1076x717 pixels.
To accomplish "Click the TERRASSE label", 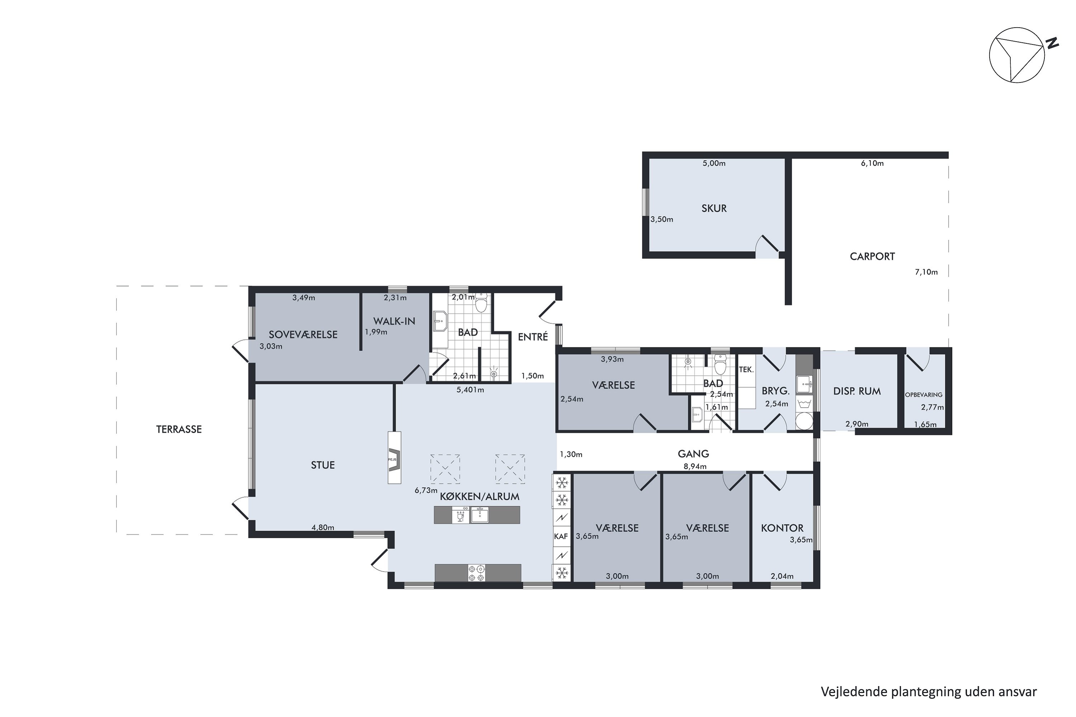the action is tap(179, 429).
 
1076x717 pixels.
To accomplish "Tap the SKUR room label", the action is tap(714, 209).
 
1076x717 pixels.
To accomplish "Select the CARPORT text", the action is tap(872, 257).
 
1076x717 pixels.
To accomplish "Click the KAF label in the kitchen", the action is tap(561, 536).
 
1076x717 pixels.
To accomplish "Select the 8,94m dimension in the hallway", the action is tap(695, 466).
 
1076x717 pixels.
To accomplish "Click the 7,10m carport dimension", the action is tap(926, 272).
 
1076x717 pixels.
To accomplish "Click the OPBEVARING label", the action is tap(924, 395).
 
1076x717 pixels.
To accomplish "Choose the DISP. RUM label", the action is tap(857, 391).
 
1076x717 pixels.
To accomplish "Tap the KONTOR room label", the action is tap(782, 528).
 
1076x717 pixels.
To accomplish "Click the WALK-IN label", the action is tap(394, 322).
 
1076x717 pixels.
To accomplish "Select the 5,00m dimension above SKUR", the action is tap(714, 163).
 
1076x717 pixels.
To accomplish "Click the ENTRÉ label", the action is tap(533, 337).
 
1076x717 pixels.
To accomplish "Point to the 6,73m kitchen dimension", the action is tap(426, 490).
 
